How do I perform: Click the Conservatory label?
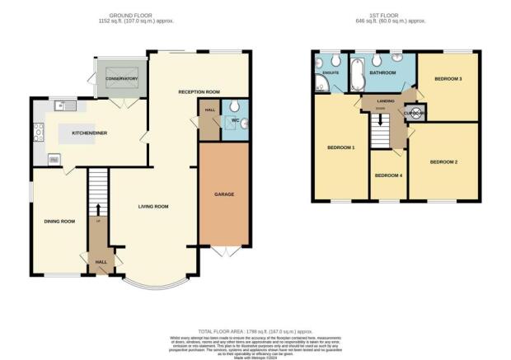120,79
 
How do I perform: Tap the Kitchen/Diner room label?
88,131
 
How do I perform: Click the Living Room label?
153,206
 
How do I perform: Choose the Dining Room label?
59,221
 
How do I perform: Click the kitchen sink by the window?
64,105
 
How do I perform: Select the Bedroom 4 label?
387,175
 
